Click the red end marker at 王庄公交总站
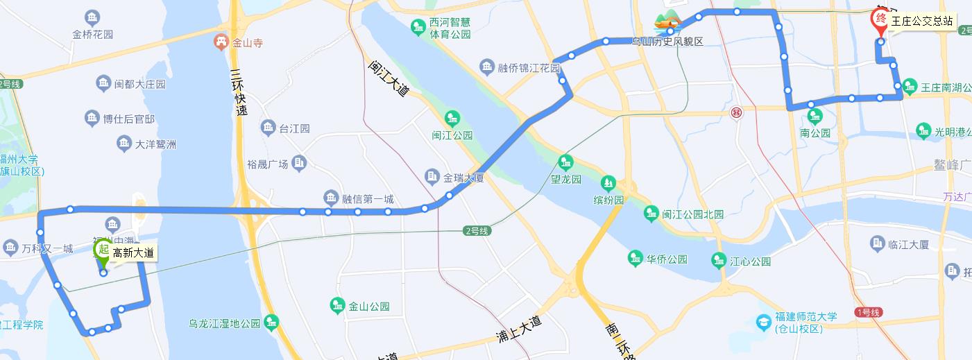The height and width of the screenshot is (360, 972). click(880, 19)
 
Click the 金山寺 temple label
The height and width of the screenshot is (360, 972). click(248, 42)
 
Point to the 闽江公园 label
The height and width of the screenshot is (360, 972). click(452, 135)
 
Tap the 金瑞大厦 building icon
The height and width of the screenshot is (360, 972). click(432, 177)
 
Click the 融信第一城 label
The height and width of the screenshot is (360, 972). click(368, 199)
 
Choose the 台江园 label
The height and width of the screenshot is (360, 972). click(294, 128)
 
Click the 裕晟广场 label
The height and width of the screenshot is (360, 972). click(267, 164)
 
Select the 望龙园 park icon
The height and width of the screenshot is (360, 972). click(566, 162)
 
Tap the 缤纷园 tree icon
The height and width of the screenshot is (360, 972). click(608, 183)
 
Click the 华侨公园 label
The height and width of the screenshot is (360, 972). click(667, 259)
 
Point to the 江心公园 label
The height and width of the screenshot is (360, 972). click(751, 262)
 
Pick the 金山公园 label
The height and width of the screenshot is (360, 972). click(369, 306)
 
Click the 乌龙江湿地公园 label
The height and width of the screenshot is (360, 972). click(225, 323)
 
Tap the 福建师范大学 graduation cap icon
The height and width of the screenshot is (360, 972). click(763, 322)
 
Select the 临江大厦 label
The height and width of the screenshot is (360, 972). click(908, 244)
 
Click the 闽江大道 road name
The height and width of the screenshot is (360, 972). click(389, 78)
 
